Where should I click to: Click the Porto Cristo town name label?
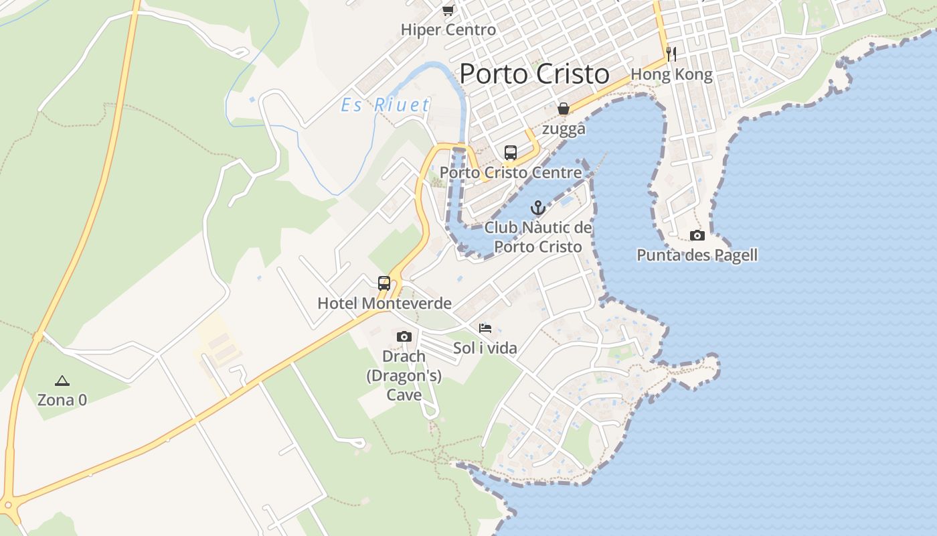tap(535, 74)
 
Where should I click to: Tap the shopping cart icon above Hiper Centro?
tap(448, 10)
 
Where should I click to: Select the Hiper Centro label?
tap(448, 29)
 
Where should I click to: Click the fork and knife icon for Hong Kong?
tap(671, 54)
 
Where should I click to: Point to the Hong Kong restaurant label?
tap(671, 74)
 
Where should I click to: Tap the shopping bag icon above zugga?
tap(564, 109)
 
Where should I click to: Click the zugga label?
tap(564, 129)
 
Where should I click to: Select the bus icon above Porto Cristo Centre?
tap(511, 153)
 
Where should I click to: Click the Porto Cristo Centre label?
tap(511, 173)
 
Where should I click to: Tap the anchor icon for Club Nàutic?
tap(538, 208)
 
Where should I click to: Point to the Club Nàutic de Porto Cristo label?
tap(538, 237)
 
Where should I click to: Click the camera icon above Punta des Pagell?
tap(697, 235)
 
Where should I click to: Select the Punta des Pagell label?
tap(697, 255)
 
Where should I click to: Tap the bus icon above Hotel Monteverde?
tap(384, 283)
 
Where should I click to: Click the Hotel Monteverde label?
tap(384, 304)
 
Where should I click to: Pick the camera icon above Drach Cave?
tap(404, 336)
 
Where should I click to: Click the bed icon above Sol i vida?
tap(485, 328)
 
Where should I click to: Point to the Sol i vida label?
tap(485, 348)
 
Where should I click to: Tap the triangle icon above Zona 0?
tap(62, 381)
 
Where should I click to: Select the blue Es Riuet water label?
tap(386, 105)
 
